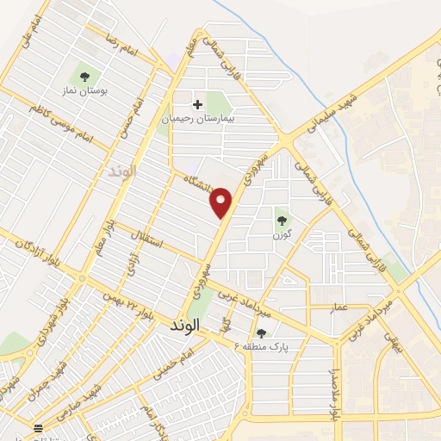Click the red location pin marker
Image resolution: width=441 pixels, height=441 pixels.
point(221,202)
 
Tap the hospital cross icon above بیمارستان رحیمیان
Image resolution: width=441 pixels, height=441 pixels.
point(198,105)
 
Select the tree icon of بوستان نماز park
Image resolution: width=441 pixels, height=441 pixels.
point(84,71)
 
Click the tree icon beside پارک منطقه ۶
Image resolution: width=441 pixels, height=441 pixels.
point(261,332)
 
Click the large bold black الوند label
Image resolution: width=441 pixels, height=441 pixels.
point(185,325)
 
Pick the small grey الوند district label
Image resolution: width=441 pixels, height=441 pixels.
point(123,172)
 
